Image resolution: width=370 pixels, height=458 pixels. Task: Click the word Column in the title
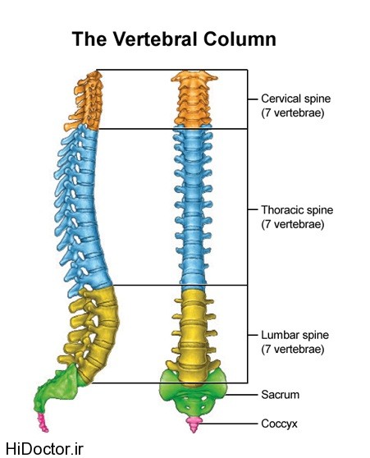coord(240,39)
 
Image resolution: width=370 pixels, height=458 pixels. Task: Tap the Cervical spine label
coord(295,98)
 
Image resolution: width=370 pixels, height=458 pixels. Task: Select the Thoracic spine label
coord(297,210)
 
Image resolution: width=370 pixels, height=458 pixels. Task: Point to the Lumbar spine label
coord(295,335)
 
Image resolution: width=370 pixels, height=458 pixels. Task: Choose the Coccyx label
coord(279,424)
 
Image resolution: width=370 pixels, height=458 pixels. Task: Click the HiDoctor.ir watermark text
coord(44,449)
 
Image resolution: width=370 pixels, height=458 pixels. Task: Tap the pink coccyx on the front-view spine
coord(194,424)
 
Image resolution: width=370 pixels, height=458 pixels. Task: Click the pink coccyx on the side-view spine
coord(43,422)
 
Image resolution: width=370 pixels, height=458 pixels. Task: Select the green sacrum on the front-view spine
coord(193,394)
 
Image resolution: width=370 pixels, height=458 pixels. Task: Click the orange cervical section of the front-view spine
coord(194,99)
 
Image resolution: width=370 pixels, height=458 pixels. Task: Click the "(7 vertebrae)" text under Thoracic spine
coord(293,224)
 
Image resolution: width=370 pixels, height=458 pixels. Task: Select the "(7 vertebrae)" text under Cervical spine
coord(293,112)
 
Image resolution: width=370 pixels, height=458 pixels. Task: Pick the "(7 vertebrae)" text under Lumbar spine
coord(293,349)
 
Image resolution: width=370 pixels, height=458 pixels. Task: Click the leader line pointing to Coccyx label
coord(229,424)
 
